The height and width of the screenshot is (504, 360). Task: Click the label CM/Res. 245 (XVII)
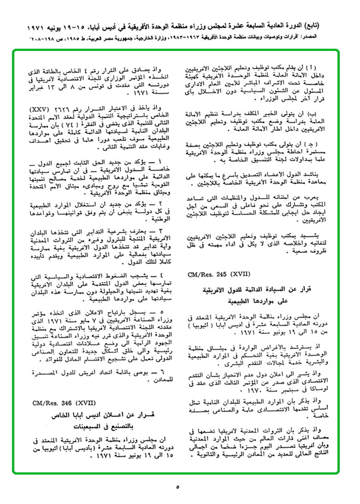[x=219, y=274]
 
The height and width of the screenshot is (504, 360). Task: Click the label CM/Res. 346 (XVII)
[x=57, y=402]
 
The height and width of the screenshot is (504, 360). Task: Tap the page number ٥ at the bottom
[x=177, y=487]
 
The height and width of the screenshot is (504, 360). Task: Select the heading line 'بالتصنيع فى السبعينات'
[x=96, y=424]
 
